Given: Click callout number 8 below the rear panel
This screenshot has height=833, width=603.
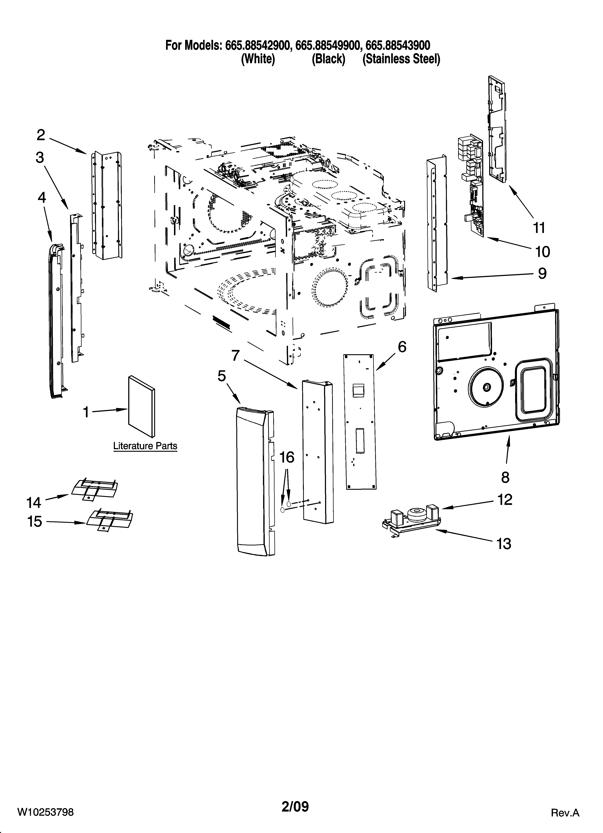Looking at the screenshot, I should click(505, 477).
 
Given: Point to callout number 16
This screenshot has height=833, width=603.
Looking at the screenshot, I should click(287, 457).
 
